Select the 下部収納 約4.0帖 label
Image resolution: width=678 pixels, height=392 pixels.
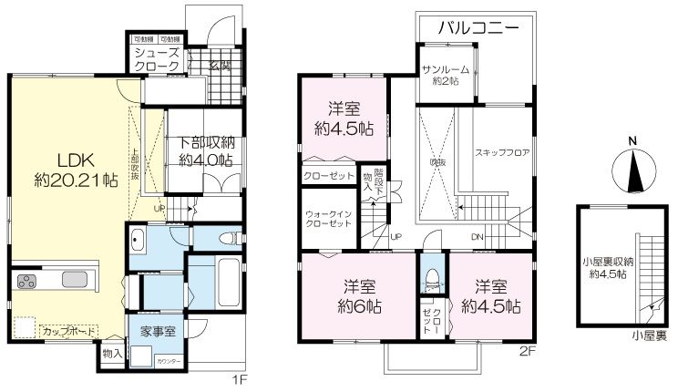pyautogui.click(x=205, y=150)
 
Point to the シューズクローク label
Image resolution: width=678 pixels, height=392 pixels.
pyautogui.click(x=156, y=61)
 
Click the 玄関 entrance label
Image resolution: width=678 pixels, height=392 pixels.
pyautogui.click(x=218, y=66)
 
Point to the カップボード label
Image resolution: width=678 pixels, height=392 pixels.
pyautogui.click(x=66, y=331)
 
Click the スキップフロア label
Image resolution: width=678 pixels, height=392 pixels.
pyautogui.click(x=502, y=152)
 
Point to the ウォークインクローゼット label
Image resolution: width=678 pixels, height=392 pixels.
pyautogui.click(x=328, y=219)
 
